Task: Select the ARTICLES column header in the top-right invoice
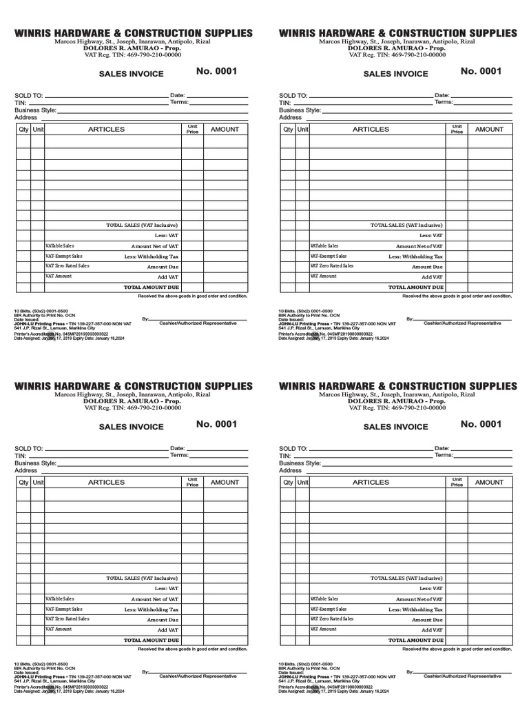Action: pyautogui.click(x=371, y=129)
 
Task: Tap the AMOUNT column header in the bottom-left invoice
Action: pyautogui.click(x=225, y=482)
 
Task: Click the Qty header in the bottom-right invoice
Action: pyautogui.click(x=288, y=483)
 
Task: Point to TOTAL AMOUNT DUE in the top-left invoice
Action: pyautogui.click(x=151, y=286)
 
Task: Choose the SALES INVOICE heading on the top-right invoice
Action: pyautogui.click(x=395, y=74)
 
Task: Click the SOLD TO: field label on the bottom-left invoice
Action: pyautogui.click(x=29, y=448)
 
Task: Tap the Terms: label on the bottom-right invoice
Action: pyautogui.click(x=444, y=455)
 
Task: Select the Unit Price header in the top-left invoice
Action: pyautogui.click(x=192, y=129)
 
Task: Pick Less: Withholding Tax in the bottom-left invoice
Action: pyautogui.click(x=152, y=609)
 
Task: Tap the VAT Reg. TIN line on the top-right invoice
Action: pyautogui.click(x=397, y=55)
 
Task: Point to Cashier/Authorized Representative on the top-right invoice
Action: pyautogui.click(x=462, y=323)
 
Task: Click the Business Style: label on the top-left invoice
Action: pyautogui.click(x=35, y=110)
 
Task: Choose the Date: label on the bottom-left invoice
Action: pyautogui.click(x=177, y=448)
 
